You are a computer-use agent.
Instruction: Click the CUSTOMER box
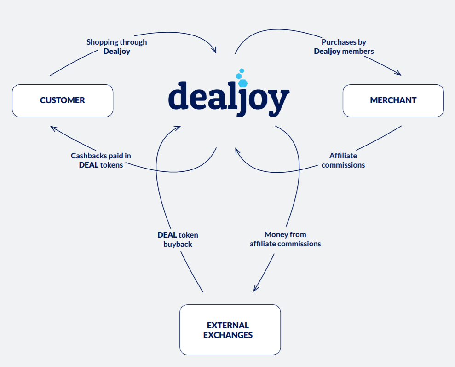point(63,100)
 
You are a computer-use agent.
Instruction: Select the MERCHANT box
point(393,100)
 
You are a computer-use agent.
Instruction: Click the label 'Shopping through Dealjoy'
point(116,47)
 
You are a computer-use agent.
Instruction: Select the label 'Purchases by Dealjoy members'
point(344,47)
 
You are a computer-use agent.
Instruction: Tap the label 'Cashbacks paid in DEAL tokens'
point(101,160)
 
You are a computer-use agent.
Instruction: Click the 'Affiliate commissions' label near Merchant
point(343,160)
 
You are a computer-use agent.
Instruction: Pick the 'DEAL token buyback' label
point(178,239)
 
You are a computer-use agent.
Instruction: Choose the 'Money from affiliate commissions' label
point(285,239)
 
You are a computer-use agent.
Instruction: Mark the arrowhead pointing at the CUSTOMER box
point(53,128)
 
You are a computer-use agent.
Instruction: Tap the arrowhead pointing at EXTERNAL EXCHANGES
point(256,288)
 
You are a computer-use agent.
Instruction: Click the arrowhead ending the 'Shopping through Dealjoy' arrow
point(214,50)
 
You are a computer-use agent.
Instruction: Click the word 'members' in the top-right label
point(358,51)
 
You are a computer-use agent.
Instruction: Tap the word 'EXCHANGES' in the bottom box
point(228,335)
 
